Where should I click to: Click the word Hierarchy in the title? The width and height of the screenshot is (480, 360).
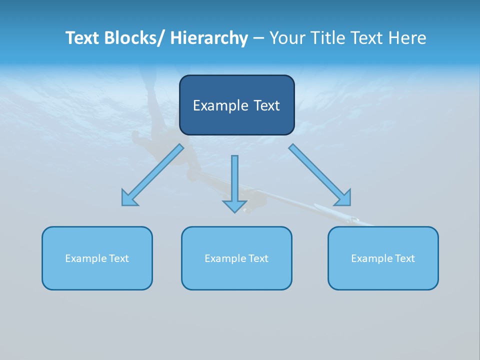[209, 38]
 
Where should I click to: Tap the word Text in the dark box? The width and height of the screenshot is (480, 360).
[266, 105]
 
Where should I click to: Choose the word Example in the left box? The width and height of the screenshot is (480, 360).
[86, 258]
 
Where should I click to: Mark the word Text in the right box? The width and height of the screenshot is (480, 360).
[405, 258]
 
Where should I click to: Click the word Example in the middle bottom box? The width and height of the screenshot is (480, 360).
[225, 258]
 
